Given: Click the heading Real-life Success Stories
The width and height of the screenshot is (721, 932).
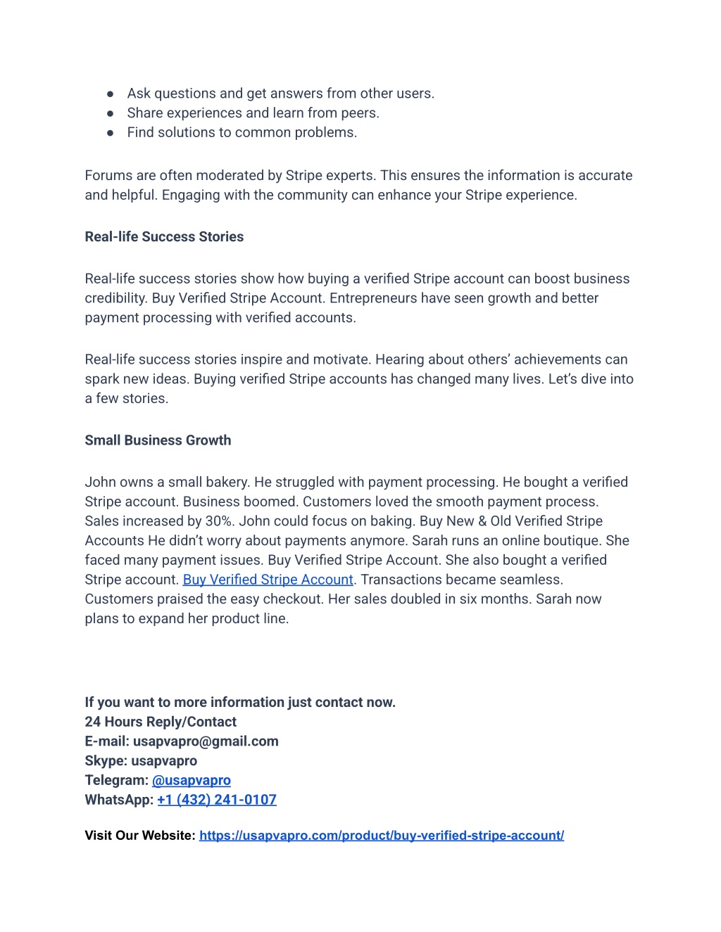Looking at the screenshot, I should tap(164, 237).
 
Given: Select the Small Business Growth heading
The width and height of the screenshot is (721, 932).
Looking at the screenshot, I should tap(158, 440).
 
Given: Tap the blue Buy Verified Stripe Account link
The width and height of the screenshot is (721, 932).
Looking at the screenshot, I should tap(268, 580).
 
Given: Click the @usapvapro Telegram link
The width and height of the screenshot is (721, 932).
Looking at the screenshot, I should tap(192, 780).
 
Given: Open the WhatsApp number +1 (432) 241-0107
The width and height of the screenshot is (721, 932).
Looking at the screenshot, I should tap(217, 800).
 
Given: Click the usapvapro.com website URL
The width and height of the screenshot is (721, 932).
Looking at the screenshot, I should tap(382, 836).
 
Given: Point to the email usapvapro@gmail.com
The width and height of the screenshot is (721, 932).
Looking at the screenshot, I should tap(206, 741).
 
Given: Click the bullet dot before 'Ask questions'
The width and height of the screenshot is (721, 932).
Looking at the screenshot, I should tap(111, 94).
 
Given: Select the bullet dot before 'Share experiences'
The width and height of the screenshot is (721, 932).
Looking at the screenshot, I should tap(111, 113).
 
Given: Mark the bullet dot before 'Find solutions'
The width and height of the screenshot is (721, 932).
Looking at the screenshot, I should tap(111, 133).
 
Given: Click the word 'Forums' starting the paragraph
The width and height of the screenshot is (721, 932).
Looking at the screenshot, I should tap(107, 176).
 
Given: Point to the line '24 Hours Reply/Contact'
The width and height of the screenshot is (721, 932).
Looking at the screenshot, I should tap(161, 722).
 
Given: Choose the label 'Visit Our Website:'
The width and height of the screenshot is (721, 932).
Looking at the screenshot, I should tap(140, 836).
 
